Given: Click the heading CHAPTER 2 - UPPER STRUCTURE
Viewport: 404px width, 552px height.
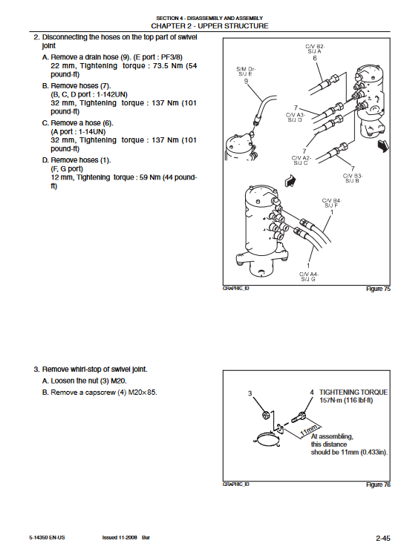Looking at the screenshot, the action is pyautogui.click(x=209, y=26).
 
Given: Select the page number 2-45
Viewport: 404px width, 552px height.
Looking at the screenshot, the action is pyautogui.click(x=382, y=538).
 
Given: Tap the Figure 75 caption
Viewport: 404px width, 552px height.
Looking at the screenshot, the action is pyautogui.click(x=378, y=289).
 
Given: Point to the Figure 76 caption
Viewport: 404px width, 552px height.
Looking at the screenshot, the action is pyautogui.click(x=378, y=484).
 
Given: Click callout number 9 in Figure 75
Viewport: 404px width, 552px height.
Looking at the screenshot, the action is pyautogui.click(x=246, y=81).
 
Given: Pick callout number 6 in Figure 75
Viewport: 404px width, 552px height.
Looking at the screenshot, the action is pyautogui.click(x=315, y=58).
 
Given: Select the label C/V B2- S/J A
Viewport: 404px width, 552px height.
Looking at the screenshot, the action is pyautogui.click(x=315, y=48).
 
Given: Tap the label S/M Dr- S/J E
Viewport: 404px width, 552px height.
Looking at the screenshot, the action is pyautogui.click(x=246, y=71).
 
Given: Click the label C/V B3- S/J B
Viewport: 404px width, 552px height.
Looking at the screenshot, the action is pyautogui.click(x=353, y=178).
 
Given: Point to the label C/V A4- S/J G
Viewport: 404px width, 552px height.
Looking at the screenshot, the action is pyautogui.click(x=308, y=277).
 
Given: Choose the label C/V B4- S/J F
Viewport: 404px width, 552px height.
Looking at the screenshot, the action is pyautogui.click(x=331, y=203).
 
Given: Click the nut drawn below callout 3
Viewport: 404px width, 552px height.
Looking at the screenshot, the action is pyautogui.click(x=266, y=415).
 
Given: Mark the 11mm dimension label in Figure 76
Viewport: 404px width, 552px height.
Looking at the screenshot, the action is pyautogui.click(x=308, y=430).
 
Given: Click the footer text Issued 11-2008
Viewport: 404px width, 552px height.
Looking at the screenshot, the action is pyautogui.click(x=120, y=538).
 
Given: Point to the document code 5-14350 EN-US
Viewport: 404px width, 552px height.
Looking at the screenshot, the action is pyautogui.click(x=47, y=538).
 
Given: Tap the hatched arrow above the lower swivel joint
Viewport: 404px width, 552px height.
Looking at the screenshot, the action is pyautogui.click(x=290, y=181).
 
